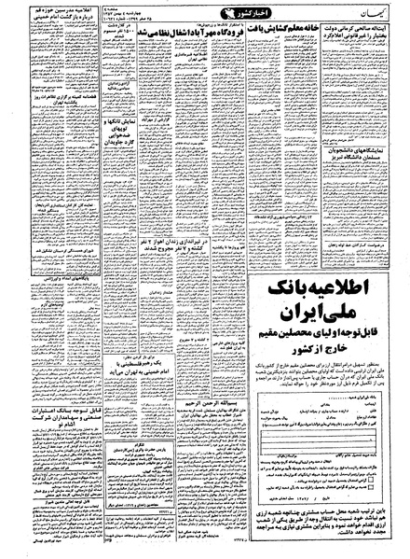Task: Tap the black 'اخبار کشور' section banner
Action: click(198, 16)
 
